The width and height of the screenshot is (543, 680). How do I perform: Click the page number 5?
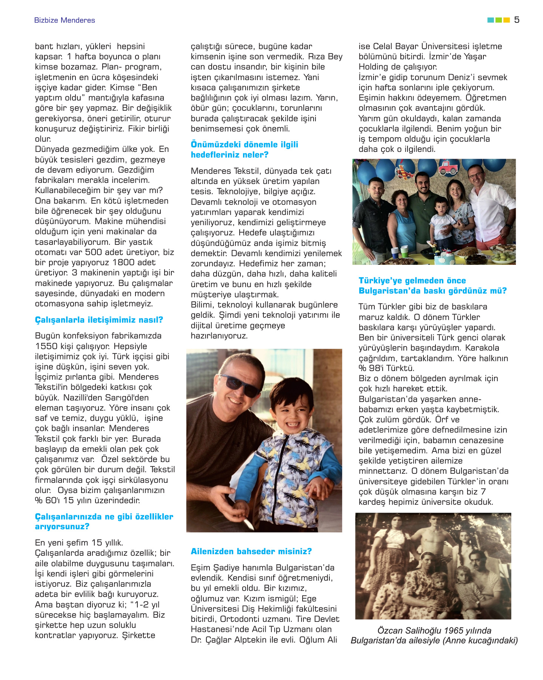click(517, 20)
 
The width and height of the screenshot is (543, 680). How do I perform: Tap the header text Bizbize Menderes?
click(65, 20)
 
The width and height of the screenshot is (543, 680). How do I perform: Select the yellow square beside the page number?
click(507, 20)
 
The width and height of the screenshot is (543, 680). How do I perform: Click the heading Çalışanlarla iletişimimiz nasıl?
click(99, 320)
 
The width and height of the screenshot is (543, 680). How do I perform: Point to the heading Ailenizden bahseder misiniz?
click(251, 552)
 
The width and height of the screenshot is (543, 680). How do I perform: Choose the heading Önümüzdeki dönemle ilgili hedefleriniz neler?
click(245, 150)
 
